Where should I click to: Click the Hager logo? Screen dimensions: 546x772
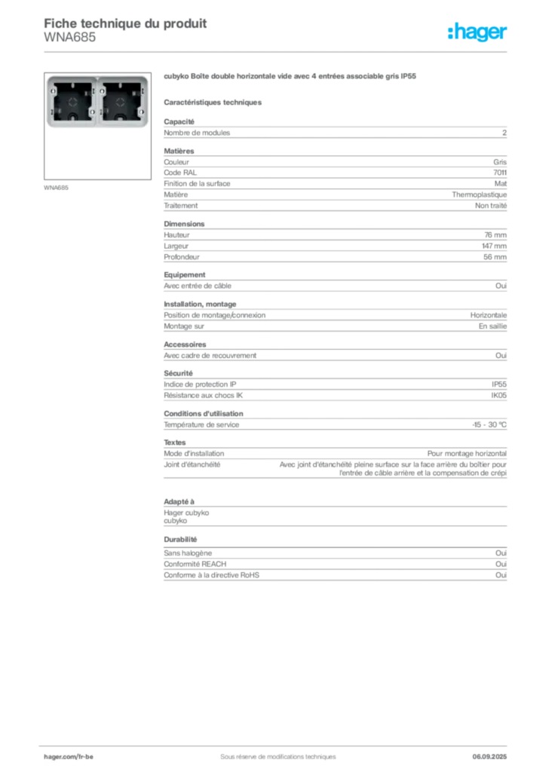[477, 32]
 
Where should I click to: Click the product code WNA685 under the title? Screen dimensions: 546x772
[70, 38]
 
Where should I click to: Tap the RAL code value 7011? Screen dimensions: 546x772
[500, 173]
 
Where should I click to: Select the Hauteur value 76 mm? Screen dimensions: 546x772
[495, 235]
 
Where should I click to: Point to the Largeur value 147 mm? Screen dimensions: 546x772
[494, 246]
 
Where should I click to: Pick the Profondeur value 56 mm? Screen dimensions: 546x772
[495, 257]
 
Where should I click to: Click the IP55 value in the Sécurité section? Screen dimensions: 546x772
[498, 384]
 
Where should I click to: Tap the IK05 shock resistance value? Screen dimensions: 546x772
[498, 395]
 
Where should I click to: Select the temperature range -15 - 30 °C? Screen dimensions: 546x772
[489, 424]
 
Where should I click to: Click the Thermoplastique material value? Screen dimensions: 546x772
[479, 195]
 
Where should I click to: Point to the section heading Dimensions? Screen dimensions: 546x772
[184, 223]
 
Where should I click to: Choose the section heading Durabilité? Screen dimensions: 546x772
[180, 539]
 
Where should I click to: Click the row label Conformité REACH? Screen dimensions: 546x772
[195, 564]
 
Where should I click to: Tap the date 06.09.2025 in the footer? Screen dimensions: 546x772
[489, 757]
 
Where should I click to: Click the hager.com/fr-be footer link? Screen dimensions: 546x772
[69, 757]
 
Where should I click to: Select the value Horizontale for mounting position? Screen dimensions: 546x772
[489, 315]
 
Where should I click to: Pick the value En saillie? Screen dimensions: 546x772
[492, 326]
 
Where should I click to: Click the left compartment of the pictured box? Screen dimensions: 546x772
[73, 102]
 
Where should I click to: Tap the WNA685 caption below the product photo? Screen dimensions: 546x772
[56, 188]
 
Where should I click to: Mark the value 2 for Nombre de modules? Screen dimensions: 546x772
[505, 133]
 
